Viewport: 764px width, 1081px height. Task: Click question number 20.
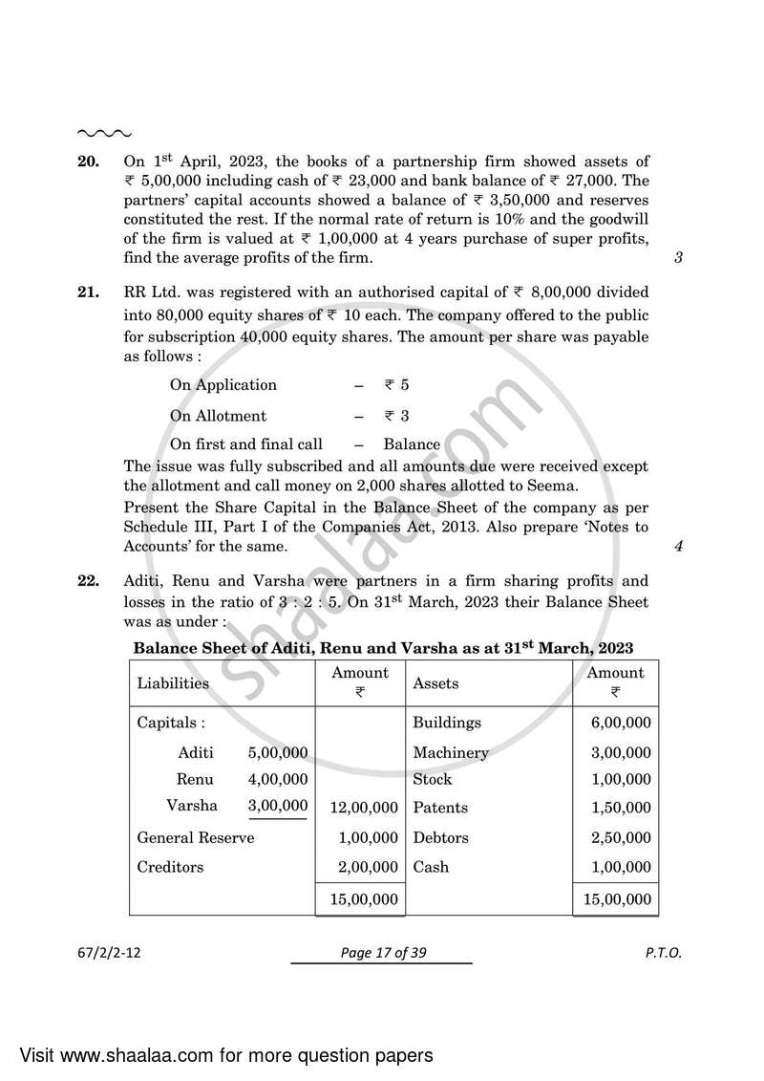tap(88, 162)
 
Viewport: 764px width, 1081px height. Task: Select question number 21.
tap(88, 292)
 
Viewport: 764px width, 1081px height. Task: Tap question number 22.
tap(88, 581)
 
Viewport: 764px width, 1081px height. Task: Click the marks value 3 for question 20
tap(678, 258)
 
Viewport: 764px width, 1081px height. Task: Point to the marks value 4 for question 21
tap(678, 547)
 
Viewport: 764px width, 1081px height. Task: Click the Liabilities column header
tap(173, 683)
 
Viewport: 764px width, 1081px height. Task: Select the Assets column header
tap(435, 683)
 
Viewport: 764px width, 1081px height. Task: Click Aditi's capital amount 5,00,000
tap(278, 753)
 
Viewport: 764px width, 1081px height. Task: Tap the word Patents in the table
tap(440, 808)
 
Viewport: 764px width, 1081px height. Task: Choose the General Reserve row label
tap(196, 838)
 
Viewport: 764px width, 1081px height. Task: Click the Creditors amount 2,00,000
tap(368, 868)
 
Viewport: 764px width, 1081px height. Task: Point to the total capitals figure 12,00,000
tap(363, 809)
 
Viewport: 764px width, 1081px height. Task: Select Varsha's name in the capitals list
tap(192, 806)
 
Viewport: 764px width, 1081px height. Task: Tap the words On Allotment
tap(218, 416)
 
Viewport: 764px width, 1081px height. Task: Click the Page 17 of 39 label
tap(381, 953)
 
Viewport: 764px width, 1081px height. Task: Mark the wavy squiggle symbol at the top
tap(104, 133)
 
